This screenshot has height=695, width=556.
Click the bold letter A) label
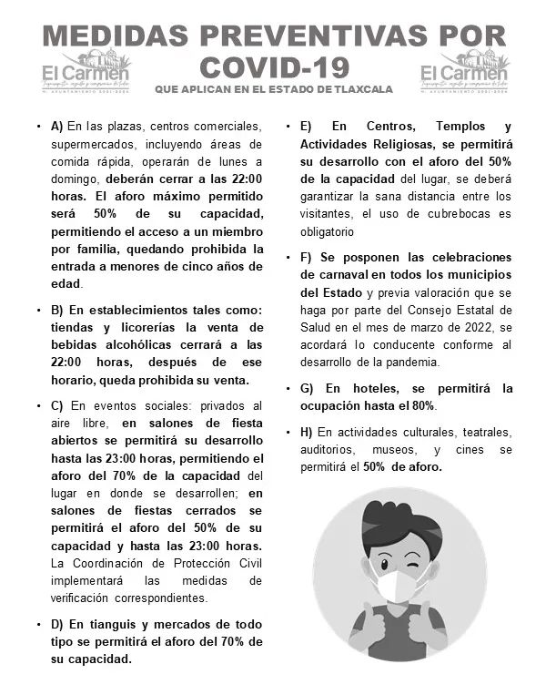pos(56,126)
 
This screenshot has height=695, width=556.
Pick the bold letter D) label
pos(56,624)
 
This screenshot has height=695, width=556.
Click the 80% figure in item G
pos(421,405)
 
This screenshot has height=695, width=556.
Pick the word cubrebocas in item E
pos(446,214)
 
